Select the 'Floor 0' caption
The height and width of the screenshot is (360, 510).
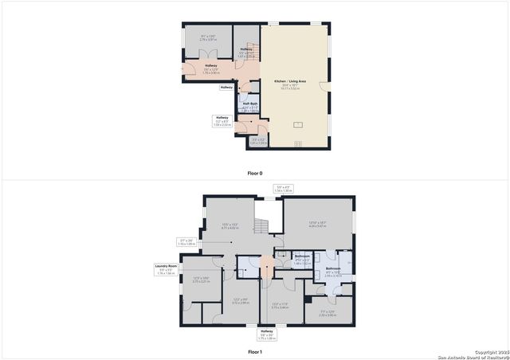click(x=254, y=173)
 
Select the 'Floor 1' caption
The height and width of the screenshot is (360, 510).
click(x=254, y=350)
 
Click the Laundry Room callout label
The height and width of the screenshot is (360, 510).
click(x=166, y=269)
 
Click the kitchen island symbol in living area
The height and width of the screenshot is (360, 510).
click(x=297, y=124)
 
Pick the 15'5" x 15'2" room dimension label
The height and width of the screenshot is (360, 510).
click(x=230, y=227)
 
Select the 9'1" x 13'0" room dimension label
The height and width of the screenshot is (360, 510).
click(x=208, y=37)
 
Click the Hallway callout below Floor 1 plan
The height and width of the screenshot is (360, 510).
click(x=266, y=334)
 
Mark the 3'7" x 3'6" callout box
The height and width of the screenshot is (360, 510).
click(x=186, y=241)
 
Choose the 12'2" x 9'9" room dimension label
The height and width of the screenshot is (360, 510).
click(x=241, y=301)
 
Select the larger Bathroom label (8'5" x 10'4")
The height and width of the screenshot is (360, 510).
click(x=333, y=271)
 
